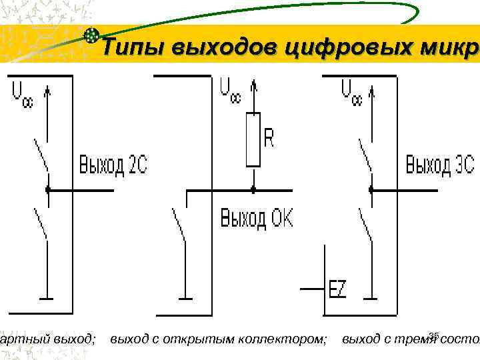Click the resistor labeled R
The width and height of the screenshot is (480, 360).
click(x=253, y=139)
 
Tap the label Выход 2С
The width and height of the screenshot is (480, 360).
click(x=113, y=165)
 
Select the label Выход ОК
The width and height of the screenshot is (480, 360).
click(x=257, y=219)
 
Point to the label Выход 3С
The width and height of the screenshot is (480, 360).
click(x=439, y=164)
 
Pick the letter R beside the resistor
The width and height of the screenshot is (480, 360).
click(x=269, y=138)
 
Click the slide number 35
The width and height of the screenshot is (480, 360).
click(x=435, y=335)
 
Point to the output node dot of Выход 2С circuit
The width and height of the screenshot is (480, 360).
click(x=48, y=190)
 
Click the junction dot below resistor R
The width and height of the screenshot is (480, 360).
click(x=253, y=190)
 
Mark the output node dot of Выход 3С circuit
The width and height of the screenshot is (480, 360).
click(x=371, y=190)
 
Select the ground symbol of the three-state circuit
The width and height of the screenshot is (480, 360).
click(x=371, y=298)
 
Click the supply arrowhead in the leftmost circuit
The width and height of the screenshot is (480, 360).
click(x=48, y=89)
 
